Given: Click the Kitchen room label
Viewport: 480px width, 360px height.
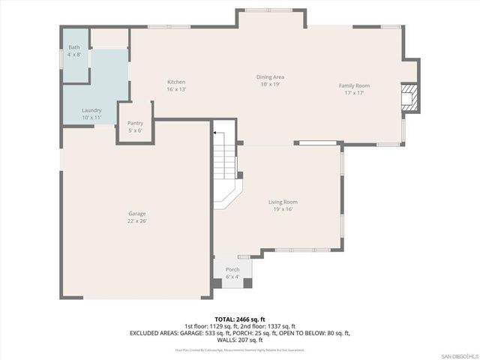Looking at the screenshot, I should [176, 82].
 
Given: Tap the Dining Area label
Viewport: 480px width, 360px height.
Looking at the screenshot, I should [270, 76].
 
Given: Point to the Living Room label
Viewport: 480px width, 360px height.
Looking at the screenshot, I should [283, 202].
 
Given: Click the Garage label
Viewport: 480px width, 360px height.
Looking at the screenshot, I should [136, 214].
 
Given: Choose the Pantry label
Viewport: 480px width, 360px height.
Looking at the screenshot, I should [135, 123].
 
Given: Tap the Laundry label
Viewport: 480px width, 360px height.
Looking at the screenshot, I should [91, 110].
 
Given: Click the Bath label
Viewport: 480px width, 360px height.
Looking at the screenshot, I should [73, 47].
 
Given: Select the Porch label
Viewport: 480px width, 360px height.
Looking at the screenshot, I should [232, 270].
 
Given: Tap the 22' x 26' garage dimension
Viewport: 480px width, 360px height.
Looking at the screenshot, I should [136, 221].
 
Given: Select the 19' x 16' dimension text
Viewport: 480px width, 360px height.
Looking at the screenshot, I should [283, 209].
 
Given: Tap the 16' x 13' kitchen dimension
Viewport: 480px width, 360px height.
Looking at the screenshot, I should [176, 89].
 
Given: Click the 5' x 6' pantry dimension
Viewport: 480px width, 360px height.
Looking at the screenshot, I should [135, 130].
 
